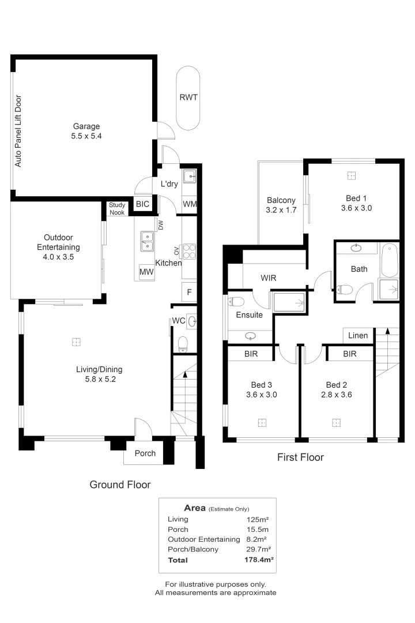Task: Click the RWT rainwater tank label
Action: [188, 97]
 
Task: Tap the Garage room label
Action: [86, 126]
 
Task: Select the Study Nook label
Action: [117, 209]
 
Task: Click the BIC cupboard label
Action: [142, 204]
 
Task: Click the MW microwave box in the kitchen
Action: [145, 272]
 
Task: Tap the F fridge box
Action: [189, 292]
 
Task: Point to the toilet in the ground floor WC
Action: [183, 344]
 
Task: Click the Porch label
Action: [145, 453]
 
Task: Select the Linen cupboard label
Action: [358, 336]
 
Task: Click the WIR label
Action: [268, 278]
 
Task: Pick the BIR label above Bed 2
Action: [349, 354]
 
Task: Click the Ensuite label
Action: [249, 315]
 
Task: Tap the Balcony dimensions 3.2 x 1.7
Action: [281, 210]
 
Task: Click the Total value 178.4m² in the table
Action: [258, 560]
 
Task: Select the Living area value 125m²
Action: [258, 519]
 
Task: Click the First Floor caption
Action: [300, 457]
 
